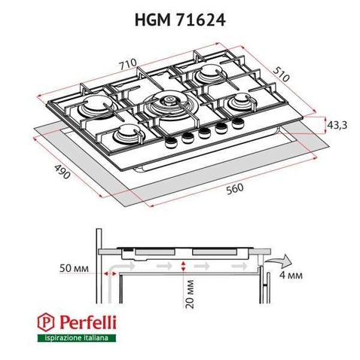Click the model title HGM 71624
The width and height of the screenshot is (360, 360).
[x=180, y=20]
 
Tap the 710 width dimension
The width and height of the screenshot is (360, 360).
[x=128, y=65]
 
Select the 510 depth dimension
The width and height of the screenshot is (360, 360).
[x=281, y=74]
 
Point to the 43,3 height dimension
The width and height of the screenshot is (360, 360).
[x=337, y=125]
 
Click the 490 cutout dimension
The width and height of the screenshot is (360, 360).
[x=62, y=171]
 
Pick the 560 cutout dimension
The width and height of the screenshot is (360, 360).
[x=235, y=189]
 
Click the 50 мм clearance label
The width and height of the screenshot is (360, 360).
[x=74, y=268]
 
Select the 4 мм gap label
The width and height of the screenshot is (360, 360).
[x=291, y=276]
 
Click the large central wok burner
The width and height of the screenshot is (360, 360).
[x=169, y=105]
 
